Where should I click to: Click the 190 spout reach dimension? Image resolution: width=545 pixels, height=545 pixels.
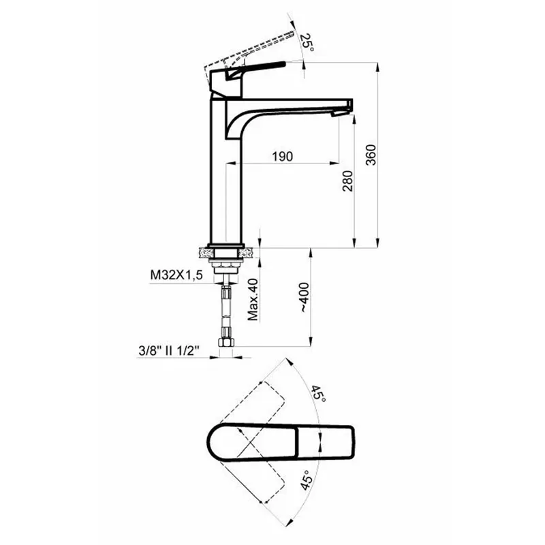click(x=282, y=157)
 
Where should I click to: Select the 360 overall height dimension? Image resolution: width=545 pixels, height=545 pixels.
click(x=371, y=155)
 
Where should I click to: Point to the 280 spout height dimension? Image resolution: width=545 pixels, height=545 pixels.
click(x=347, y=181)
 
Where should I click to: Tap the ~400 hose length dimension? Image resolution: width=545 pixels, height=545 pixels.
click(x=304, y=297)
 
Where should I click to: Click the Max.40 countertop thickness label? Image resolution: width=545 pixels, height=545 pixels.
click(x=253, y=299)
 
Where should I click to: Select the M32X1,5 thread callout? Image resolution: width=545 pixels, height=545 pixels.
click(x=176, y=275)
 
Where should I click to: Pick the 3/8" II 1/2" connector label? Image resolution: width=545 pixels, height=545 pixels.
click(x=168, y=351)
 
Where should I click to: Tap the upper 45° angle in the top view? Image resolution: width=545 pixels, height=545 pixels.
click(x=318, y=394)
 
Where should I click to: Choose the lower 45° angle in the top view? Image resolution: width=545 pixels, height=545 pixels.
click(x=306, y=480)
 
